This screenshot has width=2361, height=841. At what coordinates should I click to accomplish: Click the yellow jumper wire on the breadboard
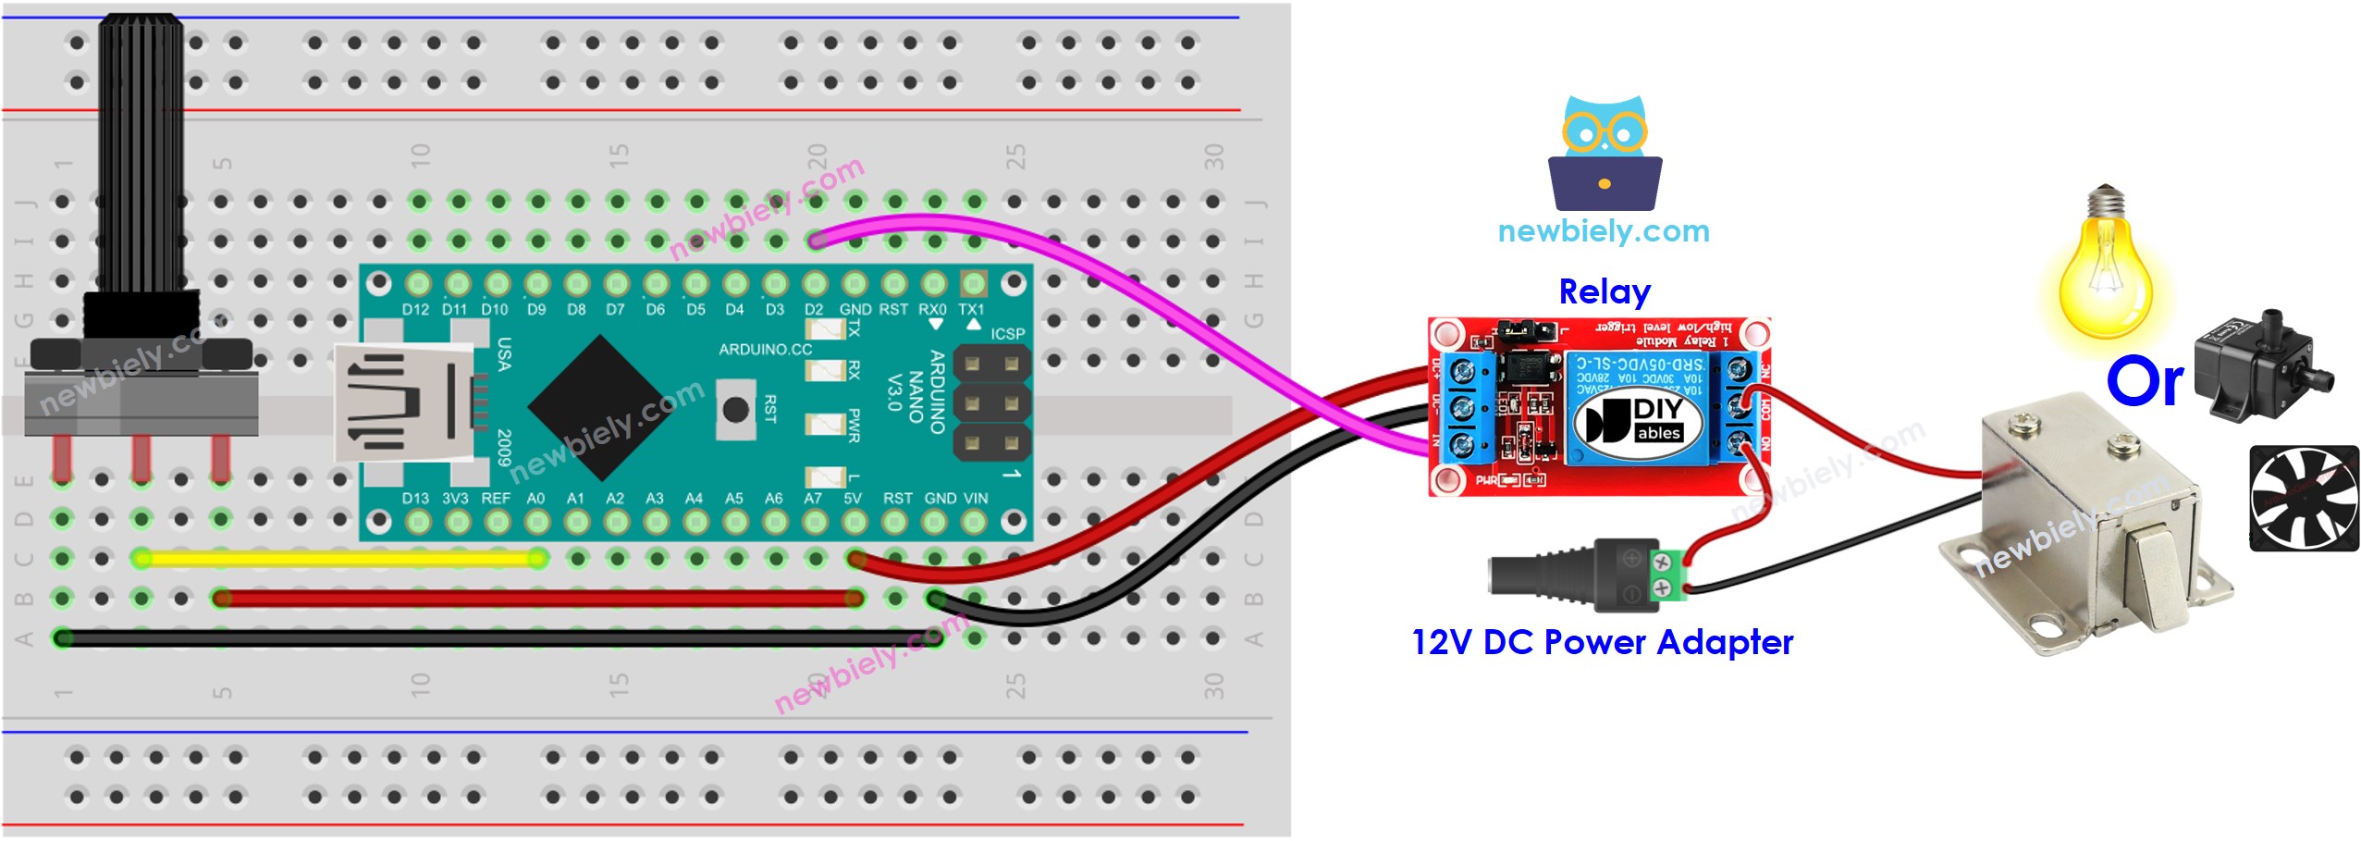[338, 558]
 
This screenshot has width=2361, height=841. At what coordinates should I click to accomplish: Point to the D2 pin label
[814, 309]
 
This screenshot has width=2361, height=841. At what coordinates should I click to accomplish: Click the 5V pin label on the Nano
[853, 498]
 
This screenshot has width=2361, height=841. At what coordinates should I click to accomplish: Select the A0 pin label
[535, 498]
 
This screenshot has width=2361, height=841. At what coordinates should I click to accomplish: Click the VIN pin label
[976, 498]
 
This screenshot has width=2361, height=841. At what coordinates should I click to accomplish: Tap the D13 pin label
[415, 498]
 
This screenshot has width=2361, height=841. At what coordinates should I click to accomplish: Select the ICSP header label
[1007, 333]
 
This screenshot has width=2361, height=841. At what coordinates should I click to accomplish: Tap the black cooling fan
[2303, 498]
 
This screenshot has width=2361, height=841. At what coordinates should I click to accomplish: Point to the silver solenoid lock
[2090, 527]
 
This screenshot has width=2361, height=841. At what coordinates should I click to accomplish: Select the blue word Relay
[1605, 292]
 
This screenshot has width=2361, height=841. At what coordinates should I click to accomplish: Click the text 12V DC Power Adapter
[1602, 642]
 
